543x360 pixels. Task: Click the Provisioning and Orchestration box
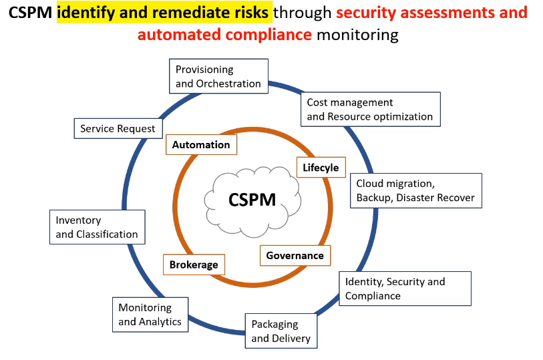[x=218, y=76]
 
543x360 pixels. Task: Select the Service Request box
[x=118, y=128]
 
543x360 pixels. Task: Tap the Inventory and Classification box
[x=98, y=227]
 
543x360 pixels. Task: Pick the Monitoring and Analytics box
[x=150, y=315]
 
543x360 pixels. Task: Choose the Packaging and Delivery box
[x=281, y=331]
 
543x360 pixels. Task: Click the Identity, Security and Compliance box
[x=405, y=289]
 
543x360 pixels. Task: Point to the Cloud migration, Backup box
[x=416, y=190]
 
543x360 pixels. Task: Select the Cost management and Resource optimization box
[x=371, y=110]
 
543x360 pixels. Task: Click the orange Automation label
[x=201, y=144]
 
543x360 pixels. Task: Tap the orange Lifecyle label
[x=321, y=167]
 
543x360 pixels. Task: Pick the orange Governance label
[x=295, y=255]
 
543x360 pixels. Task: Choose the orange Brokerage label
[x=194, y=264]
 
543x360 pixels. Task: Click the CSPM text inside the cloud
[x=252, y=200]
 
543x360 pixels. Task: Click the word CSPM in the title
[x=30, y=13]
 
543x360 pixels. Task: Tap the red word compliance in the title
[x=268, y=35]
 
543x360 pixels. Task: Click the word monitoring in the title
[x=357, y=35]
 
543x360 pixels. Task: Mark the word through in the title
[x=303, y=13]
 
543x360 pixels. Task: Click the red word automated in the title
[x=179, y=35]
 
